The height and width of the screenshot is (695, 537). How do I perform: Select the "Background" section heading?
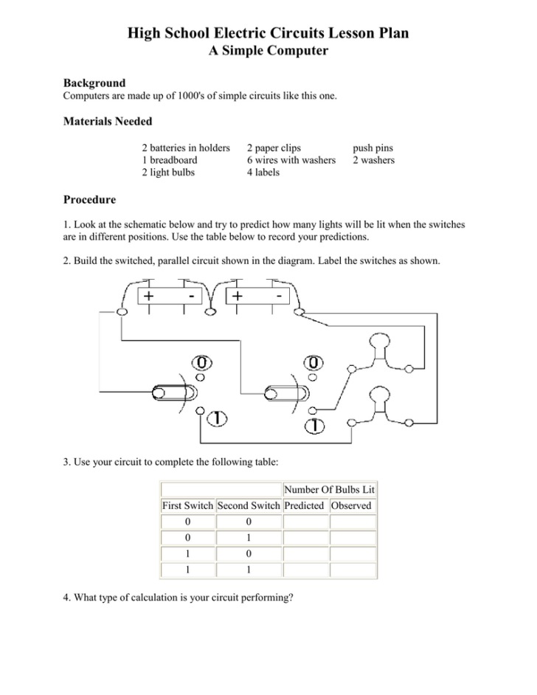94,83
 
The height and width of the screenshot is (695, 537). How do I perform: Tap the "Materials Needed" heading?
108,121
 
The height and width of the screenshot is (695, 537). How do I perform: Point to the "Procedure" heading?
89,199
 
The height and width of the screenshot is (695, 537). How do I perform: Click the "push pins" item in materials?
373,148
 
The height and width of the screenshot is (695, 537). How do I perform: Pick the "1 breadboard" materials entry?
169,160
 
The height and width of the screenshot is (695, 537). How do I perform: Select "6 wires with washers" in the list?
291,160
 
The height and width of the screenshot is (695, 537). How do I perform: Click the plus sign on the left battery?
149,297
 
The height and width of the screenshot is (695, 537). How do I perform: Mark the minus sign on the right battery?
280,295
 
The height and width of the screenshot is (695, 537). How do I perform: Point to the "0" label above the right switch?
314,363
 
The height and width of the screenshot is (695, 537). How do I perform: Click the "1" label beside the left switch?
217,418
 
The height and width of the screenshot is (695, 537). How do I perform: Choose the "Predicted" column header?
304,506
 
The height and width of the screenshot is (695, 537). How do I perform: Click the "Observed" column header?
351,506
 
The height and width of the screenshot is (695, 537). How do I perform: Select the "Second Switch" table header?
249,506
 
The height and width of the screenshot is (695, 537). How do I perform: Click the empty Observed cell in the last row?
352,570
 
